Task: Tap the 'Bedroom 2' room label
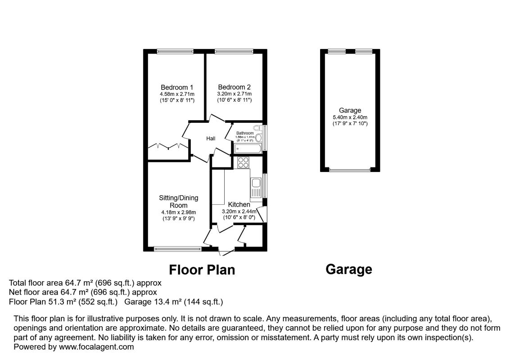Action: point(234,87)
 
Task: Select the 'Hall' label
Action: point(211,139)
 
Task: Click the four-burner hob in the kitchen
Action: point(243,162)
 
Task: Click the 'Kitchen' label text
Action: point(239,205)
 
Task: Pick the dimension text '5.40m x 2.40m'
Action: point(350,117)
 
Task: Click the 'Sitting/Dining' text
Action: point(178,198)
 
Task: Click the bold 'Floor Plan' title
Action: point(202,270)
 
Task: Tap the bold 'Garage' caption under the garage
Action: point(348,270)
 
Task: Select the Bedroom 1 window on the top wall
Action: point(175,51)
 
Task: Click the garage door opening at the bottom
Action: point(350,170)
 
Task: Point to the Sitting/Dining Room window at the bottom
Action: point(177,248)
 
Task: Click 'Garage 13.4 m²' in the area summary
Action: point(149,301)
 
